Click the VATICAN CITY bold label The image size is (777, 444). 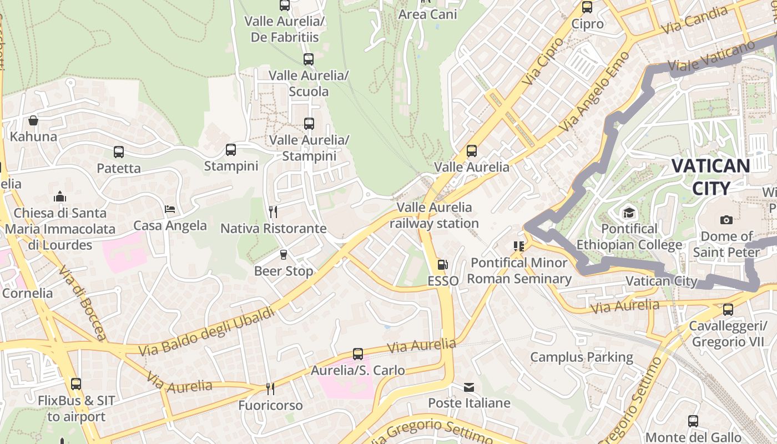[710, 177]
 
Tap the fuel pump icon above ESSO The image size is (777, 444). [442, 265]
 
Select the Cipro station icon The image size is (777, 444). [587, 7]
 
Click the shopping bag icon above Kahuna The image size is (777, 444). [33, 120]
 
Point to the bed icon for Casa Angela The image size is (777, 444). [170, 209]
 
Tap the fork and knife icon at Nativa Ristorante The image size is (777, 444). [273, 212]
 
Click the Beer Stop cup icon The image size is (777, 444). [284, 255]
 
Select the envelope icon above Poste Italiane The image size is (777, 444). [469, 387]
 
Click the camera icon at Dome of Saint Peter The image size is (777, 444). [726, 220]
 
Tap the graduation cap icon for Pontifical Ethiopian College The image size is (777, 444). [629, 213]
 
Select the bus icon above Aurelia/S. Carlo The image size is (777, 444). [358, 354]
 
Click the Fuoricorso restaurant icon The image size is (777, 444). [270, 389]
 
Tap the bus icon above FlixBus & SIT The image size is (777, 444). [76, 384]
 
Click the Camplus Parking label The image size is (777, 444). [582, 357]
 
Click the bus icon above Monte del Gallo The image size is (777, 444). [693, 421]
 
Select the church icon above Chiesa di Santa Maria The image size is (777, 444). [60, 196]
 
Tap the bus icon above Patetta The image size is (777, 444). [118, 152]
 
